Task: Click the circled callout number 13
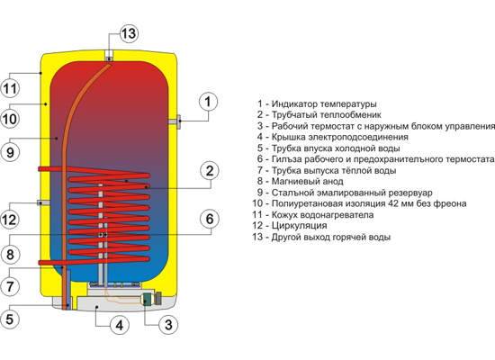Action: [129, 33]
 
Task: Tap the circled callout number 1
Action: [208, 102]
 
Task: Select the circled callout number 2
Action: [210, 171]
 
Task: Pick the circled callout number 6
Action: [210, 219]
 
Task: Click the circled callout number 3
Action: [168, 325]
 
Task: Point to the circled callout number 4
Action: [120, 325]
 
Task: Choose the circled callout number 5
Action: [10, 319]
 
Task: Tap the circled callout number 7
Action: [10, 286]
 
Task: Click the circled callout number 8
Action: [10, 254]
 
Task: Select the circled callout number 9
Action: [10, 152]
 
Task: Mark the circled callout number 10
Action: [10, 119]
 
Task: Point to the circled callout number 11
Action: [10, 88]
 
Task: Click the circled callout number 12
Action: [10, 220]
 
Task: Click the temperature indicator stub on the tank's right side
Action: [175, 121]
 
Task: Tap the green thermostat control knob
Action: [147, 299]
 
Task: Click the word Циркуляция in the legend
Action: [299, 226]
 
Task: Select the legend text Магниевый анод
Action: [307, 181]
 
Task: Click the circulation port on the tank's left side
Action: [43, 202]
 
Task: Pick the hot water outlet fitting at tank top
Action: [109, 55]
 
